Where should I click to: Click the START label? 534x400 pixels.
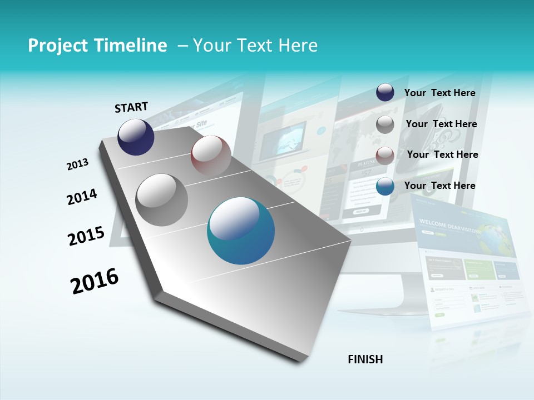click(131, 107)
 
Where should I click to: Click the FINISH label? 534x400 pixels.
click(365, 359)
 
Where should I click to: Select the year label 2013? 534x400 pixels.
click(77, 164)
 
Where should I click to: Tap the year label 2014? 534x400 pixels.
click(82, 197)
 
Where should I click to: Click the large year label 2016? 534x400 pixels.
click(95, 281)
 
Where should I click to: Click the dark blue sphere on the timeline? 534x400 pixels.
click(136, 137)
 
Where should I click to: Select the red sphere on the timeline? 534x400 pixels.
click(211, 155)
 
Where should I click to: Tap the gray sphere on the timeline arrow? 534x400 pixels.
click(162, 200)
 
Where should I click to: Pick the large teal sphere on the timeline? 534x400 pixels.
click(241, 231)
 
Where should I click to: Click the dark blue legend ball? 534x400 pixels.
click(385, 93)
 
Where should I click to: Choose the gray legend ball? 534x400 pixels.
click(385, 124)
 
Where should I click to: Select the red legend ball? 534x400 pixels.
click(385, 156)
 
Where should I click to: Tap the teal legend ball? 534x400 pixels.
click(385, 186)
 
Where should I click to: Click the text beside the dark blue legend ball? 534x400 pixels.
click(439, 93)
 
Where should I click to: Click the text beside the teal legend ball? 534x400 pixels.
click(439, 186)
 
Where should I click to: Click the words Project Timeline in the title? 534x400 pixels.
click(97, 46)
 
